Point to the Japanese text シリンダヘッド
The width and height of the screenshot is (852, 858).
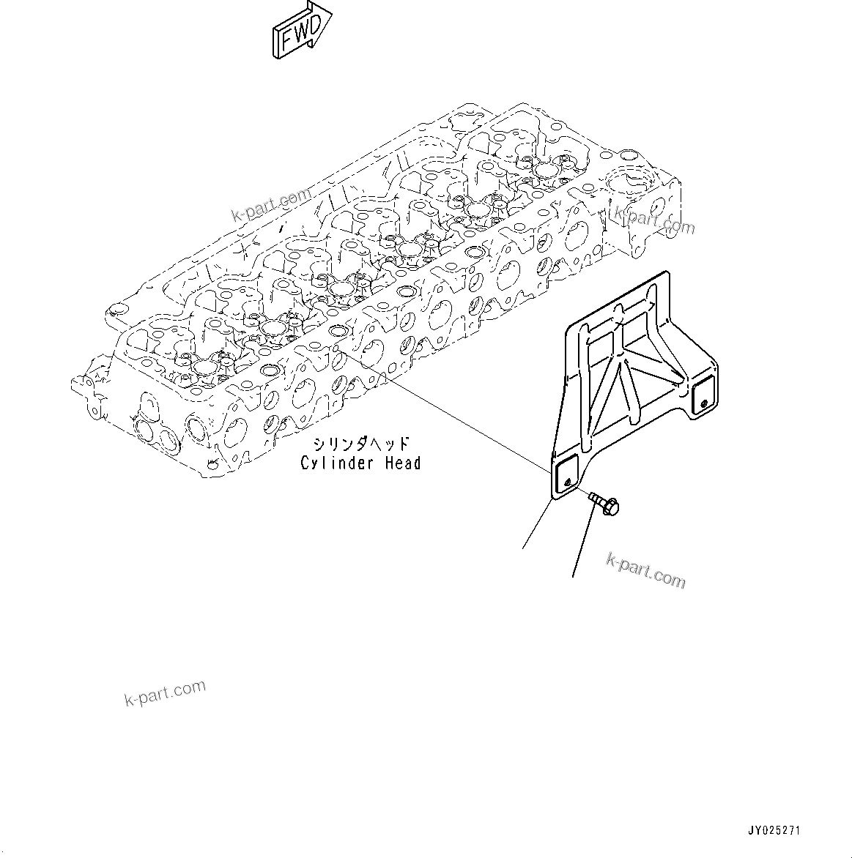(x=361, y=444)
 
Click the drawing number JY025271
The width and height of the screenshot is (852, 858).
(x=774, y=831)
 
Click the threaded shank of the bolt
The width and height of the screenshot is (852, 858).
(x=597, y=499)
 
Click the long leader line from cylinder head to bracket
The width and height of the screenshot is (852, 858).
(x=440, y=411)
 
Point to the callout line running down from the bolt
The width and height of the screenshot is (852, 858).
(x=582, y=542)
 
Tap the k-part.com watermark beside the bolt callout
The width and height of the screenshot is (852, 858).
(x=646, y=571)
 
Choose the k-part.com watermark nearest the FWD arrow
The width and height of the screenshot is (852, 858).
(x=271, y=204)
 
